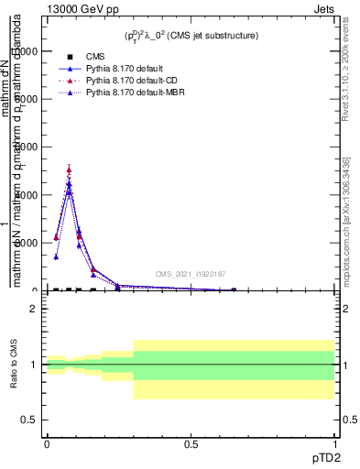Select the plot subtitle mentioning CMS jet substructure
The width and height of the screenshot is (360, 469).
click(x=191, y=36)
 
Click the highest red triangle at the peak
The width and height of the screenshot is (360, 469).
click(x=69, y=169)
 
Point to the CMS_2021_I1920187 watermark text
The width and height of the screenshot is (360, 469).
click(x=191, y=274)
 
